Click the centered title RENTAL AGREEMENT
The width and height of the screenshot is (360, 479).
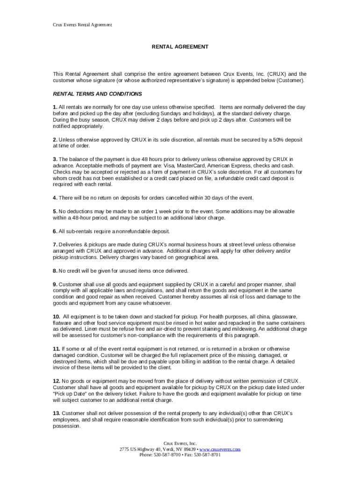[x=180, y=47]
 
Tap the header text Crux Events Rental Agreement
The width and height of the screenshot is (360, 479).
[x=82, y=24]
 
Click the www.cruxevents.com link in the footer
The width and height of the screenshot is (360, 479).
[x=220, y=449]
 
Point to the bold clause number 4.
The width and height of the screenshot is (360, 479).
[x=55, y=198]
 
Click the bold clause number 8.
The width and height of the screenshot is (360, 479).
[x=55, y=271]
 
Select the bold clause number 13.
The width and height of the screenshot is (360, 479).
[x=57, y=413]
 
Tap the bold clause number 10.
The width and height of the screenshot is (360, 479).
[x=57, y=317]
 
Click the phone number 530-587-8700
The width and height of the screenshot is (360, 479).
[x=165, y=455]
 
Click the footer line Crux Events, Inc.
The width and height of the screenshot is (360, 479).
[x=180, y=443]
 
